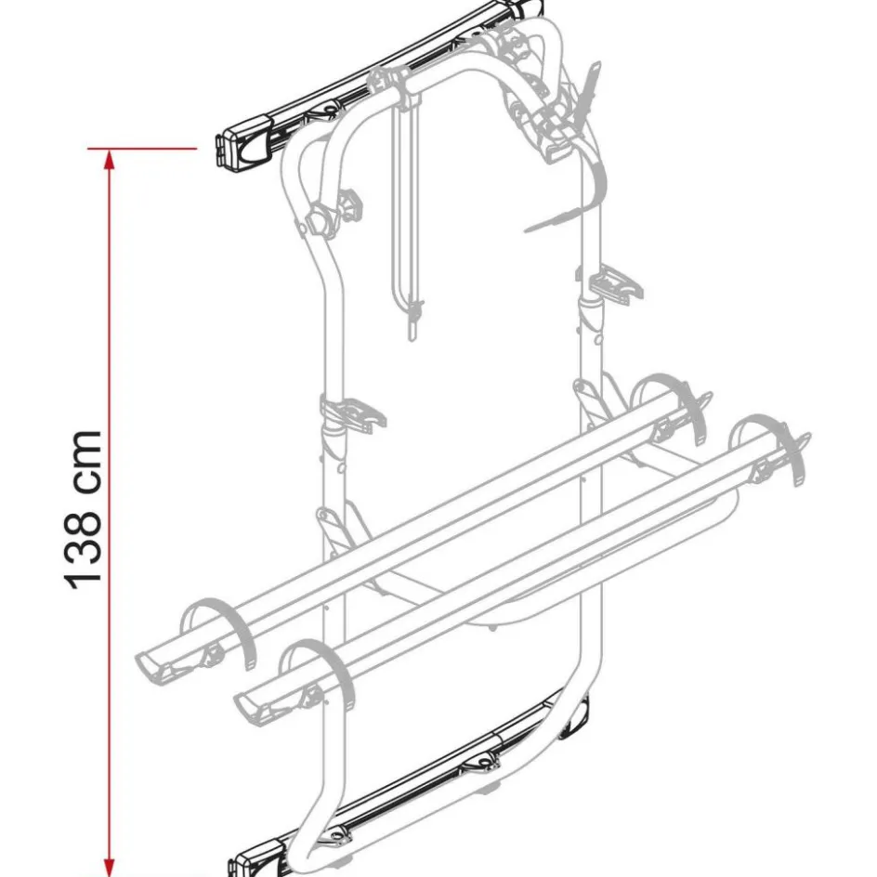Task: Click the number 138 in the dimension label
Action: [x=84, y=546]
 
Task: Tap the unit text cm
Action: [x=84, y=462]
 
